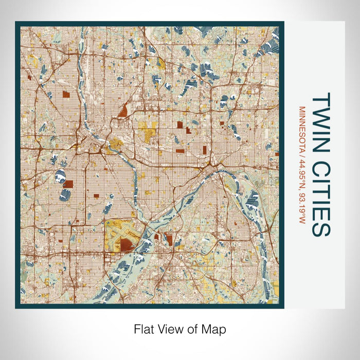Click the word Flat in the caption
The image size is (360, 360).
tap(143, 328)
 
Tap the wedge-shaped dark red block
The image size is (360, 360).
tap(123, 111)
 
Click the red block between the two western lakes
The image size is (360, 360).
tap(68, 184)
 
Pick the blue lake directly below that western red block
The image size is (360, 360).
tap(65, 195)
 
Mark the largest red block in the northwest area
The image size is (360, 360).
tap(66, 94)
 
